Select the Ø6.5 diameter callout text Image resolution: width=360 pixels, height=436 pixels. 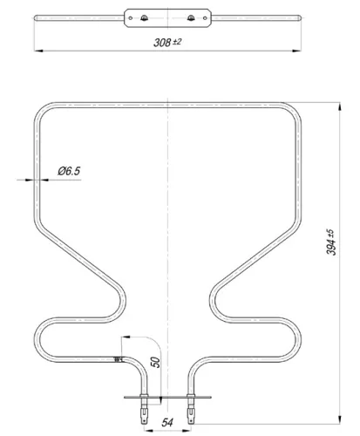[69, 172]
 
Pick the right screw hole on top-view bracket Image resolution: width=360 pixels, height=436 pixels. [191, 18]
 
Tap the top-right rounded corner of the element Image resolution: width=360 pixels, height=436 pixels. [292, 112]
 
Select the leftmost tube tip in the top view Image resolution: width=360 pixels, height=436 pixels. [35, 18]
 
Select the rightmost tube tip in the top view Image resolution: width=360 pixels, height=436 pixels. [300, 18]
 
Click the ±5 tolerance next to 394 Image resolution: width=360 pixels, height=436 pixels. [329, 234]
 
